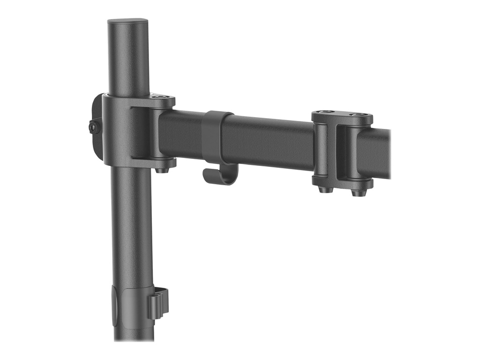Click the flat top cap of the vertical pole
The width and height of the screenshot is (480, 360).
(x=127, y=22)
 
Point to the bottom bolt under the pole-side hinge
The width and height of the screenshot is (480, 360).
(x=162, y=170)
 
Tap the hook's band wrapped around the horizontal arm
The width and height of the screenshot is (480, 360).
(x=217, y=136)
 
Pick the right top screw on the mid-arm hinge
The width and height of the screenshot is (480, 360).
(x=358, y=114)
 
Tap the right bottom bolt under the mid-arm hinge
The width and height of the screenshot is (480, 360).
(x=358, y=192)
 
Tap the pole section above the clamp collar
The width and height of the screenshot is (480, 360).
(x=127, y=61)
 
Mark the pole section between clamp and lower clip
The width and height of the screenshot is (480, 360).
(x=131, y=225)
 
